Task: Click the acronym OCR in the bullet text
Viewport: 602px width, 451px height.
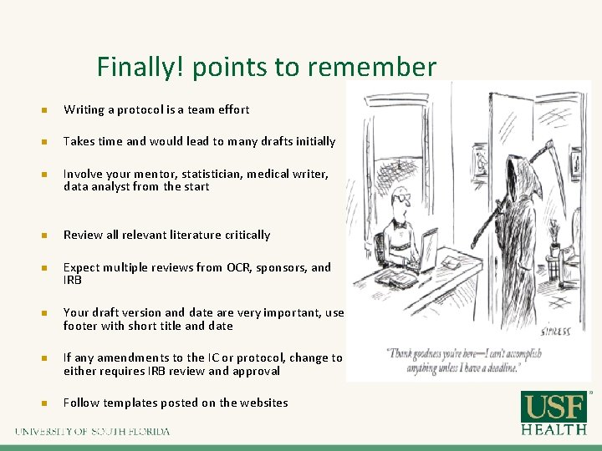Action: pos(237,267)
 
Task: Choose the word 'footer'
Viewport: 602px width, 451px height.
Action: pos(82,326)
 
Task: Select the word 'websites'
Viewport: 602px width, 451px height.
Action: pos(263,403)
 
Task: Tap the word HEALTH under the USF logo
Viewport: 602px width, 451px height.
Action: pos(555,429)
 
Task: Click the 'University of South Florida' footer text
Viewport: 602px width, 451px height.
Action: pos(92,432)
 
